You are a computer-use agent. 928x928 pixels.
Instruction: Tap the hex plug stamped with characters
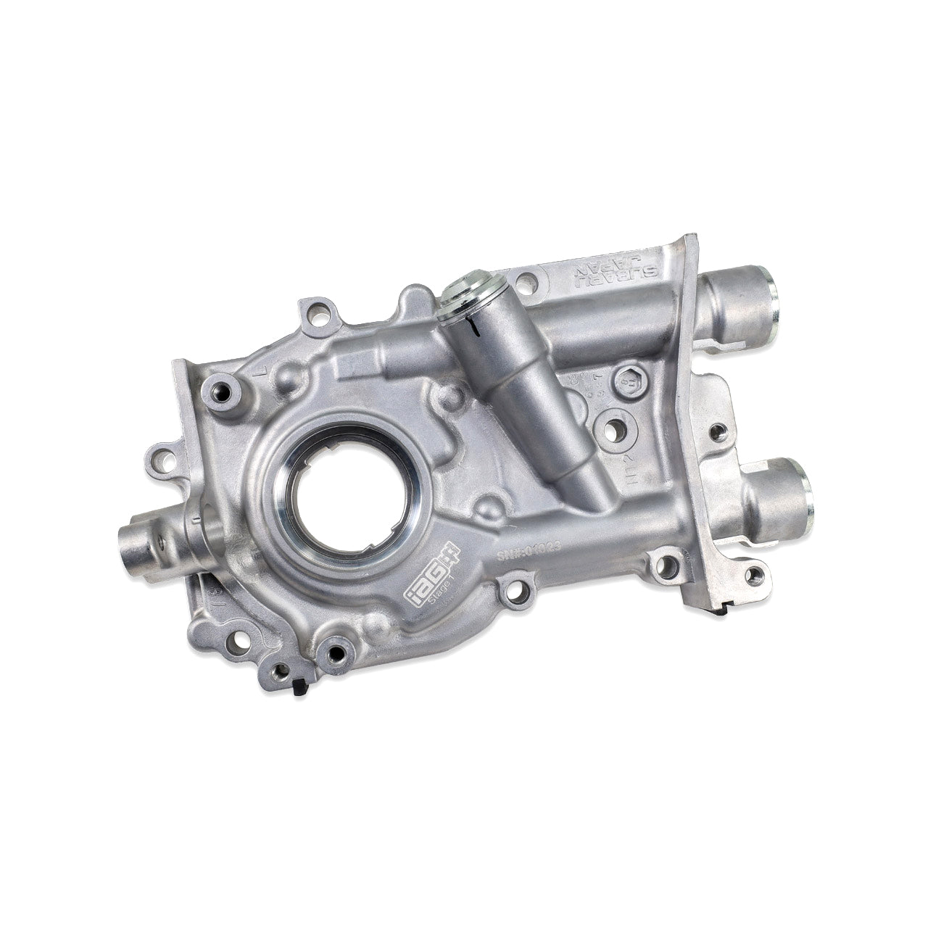[629, 378]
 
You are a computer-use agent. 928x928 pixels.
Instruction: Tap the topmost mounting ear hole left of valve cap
[314, 315]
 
